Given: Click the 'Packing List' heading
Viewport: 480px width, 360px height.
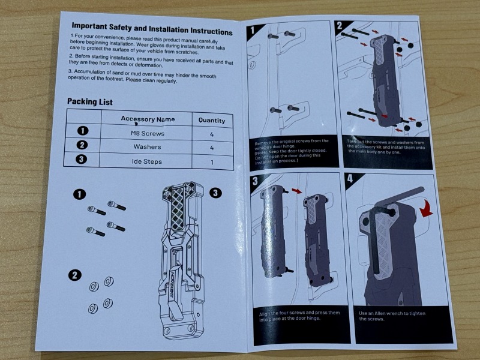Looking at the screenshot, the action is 89,101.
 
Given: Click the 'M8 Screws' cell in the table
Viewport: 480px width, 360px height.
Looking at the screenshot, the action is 148,133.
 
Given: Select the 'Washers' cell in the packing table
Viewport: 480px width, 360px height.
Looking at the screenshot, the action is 147,146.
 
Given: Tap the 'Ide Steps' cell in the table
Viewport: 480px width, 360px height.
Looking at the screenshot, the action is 147,161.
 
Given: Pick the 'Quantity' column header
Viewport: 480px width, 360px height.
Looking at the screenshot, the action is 212,121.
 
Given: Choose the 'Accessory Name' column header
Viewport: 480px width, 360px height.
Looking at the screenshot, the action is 148,119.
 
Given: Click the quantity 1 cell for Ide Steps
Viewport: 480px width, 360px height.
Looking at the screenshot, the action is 212,162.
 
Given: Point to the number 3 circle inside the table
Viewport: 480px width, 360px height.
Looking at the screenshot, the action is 81,159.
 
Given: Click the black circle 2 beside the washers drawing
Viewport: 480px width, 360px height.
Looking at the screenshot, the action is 74,275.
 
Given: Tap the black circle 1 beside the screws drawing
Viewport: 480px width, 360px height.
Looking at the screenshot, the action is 80,194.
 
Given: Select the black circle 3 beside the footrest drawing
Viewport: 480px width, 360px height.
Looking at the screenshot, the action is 215,193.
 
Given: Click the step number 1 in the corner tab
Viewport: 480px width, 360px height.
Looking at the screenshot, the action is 252,30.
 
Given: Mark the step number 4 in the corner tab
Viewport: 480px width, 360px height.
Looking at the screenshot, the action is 350,178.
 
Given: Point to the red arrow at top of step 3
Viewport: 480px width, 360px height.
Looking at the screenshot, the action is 296,191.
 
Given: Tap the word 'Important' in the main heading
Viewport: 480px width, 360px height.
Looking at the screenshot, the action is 89,26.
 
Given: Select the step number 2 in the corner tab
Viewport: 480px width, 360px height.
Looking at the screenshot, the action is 340,26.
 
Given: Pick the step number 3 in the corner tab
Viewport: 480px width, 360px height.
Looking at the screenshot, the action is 255,181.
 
